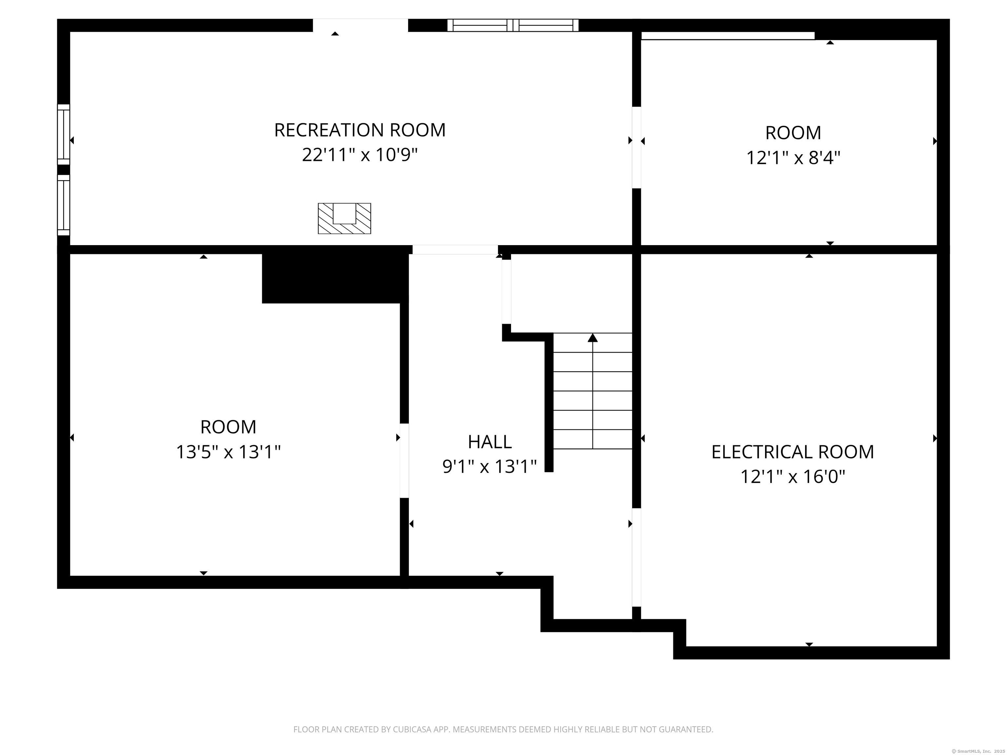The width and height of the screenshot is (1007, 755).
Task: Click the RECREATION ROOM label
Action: (x=360, y=130)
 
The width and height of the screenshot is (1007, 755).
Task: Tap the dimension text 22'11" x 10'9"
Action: (x=360, y=155)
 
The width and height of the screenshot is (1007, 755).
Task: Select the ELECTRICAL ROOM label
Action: (x=793, y=452)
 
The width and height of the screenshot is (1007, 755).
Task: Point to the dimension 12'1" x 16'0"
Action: (x=793, y=477)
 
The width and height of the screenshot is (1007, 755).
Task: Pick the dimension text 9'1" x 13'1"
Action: (x=490, y=467)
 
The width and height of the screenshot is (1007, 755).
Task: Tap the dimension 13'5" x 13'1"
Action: (x=228, y=452)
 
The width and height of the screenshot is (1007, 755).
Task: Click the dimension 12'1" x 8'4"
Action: (x=793, y=158)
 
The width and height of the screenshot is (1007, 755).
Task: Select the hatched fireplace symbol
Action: (x=344, y=219)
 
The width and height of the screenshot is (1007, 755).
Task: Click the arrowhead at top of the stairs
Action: (x=592, y=337)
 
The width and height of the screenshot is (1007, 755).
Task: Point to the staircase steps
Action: (x=593, y=391)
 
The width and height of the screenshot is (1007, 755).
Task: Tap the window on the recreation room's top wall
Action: (x=513, y=25)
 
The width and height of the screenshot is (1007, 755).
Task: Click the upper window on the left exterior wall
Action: (x=64, y=134)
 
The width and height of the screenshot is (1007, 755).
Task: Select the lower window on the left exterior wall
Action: (x=64, y=205)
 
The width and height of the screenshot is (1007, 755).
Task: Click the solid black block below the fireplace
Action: (x=335, y=274)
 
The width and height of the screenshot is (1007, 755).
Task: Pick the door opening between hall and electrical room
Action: (x=637, y=557)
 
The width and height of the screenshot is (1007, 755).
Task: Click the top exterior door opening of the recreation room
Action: (x=361, y=25)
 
